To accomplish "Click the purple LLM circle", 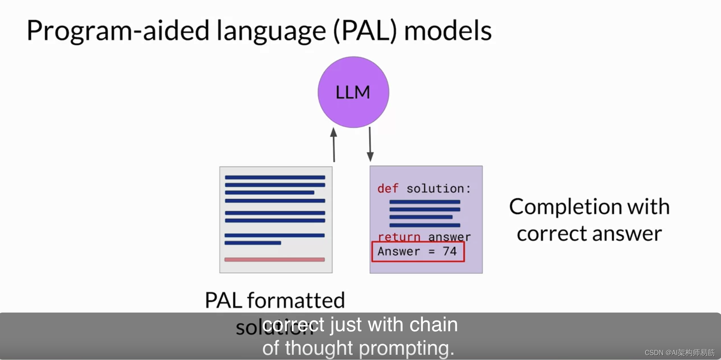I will [353, 92].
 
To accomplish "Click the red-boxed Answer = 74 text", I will [418, 251].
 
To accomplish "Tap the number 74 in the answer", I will [450, 251].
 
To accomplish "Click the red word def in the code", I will [388, 189].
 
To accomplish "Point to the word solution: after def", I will [438, 189].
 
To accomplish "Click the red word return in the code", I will [399, 237].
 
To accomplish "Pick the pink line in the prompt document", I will [274, 260].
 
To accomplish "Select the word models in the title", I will [448, 31].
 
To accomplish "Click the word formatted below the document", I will [296, 301].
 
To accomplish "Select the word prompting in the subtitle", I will [406, 348].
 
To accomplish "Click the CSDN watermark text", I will [679, 353].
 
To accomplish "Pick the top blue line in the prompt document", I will [275, 177].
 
